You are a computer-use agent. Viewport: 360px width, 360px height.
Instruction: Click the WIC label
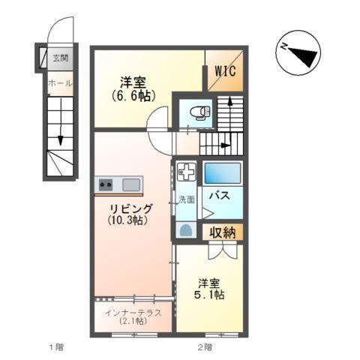click(x=226, y=71)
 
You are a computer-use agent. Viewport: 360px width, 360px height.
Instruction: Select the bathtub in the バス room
click(x=223, y=174)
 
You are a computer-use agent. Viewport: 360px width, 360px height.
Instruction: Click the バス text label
click(x=219, y=196)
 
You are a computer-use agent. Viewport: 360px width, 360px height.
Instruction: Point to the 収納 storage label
click(x=223, y=232)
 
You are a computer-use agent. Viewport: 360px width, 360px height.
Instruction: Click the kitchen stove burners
click(x=105, y=184)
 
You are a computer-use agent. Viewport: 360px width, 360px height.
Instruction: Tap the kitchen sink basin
click(x=131, y=184)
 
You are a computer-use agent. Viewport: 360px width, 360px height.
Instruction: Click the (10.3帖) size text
click(x=126, y=220)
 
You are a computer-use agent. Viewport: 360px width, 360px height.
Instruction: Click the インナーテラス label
click(x=133, y=313)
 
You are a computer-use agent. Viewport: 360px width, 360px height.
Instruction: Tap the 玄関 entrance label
click(x=60, y=58)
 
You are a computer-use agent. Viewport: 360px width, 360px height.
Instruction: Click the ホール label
click(x=58, y=83)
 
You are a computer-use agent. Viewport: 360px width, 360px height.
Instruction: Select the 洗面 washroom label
click(x=186, y=199)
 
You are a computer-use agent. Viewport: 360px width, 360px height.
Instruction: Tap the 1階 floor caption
click(x=56, y=346)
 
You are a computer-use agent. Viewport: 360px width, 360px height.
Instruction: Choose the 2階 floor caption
click(x=205, y=346)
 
